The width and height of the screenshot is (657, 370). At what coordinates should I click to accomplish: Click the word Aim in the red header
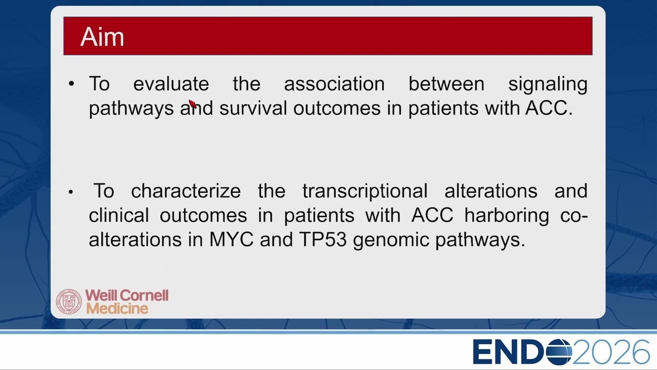tap(102, 36)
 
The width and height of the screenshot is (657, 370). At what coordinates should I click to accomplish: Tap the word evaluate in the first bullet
tap(171, 84)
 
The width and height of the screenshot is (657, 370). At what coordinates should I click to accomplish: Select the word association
tap(334, 84)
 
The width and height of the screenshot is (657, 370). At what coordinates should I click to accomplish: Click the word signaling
tap(548, 85)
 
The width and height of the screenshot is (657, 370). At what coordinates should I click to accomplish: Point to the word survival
tap(253, 108)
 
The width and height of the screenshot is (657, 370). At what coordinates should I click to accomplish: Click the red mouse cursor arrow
tap(192, 104)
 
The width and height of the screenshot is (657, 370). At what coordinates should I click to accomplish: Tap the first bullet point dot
tap(71, 84)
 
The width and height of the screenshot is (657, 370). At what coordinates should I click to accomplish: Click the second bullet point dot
tap(71, 192)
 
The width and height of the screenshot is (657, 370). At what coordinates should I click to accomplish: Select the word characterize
tap(186, 191)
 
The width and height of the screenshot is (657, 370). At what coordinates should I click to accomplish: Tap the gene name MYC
tap(231, 239)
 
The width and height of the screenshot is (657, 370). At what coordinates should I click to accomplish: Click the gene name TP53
tap(323, 239)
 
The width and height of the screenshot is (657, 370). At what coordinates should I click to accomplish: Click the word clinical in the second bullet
tap(119, 215)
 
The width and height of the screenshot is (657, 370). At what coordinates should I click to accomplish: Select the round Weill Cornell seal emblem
tap(69, 302)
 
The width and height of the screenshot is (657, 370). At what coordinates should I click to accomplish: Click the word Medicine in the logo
tap(117, 309)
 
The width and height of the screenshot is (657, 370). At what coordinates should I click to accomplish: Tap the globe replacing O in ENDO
tap(559, 352)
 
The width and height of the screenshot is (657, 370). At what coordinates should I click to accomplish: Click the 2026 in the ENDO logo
tap(611, 352)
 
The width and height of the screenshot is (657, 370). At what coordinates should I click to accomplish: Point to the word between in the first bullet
tap(447, 84)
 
